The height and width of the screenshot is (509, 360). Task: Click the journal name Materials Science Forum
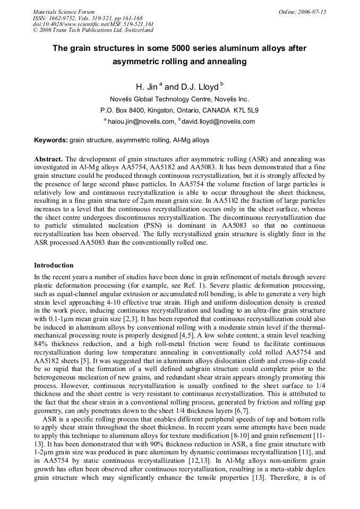pyautogui.click(x=64, y=12)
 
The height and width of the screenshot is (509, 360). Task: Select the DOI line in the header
pyautogui.click(x=93, y=24)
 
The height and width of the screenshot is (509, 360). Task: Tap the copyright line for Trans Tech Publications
pyautogui.click(x=93, y=30)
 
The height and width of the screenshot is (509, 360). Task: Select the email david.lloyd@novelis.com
pyautogui.click(x=218, y=122)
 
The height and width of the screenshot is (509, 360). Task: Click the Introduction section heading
pyautogui.click(x=54, y=265)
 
